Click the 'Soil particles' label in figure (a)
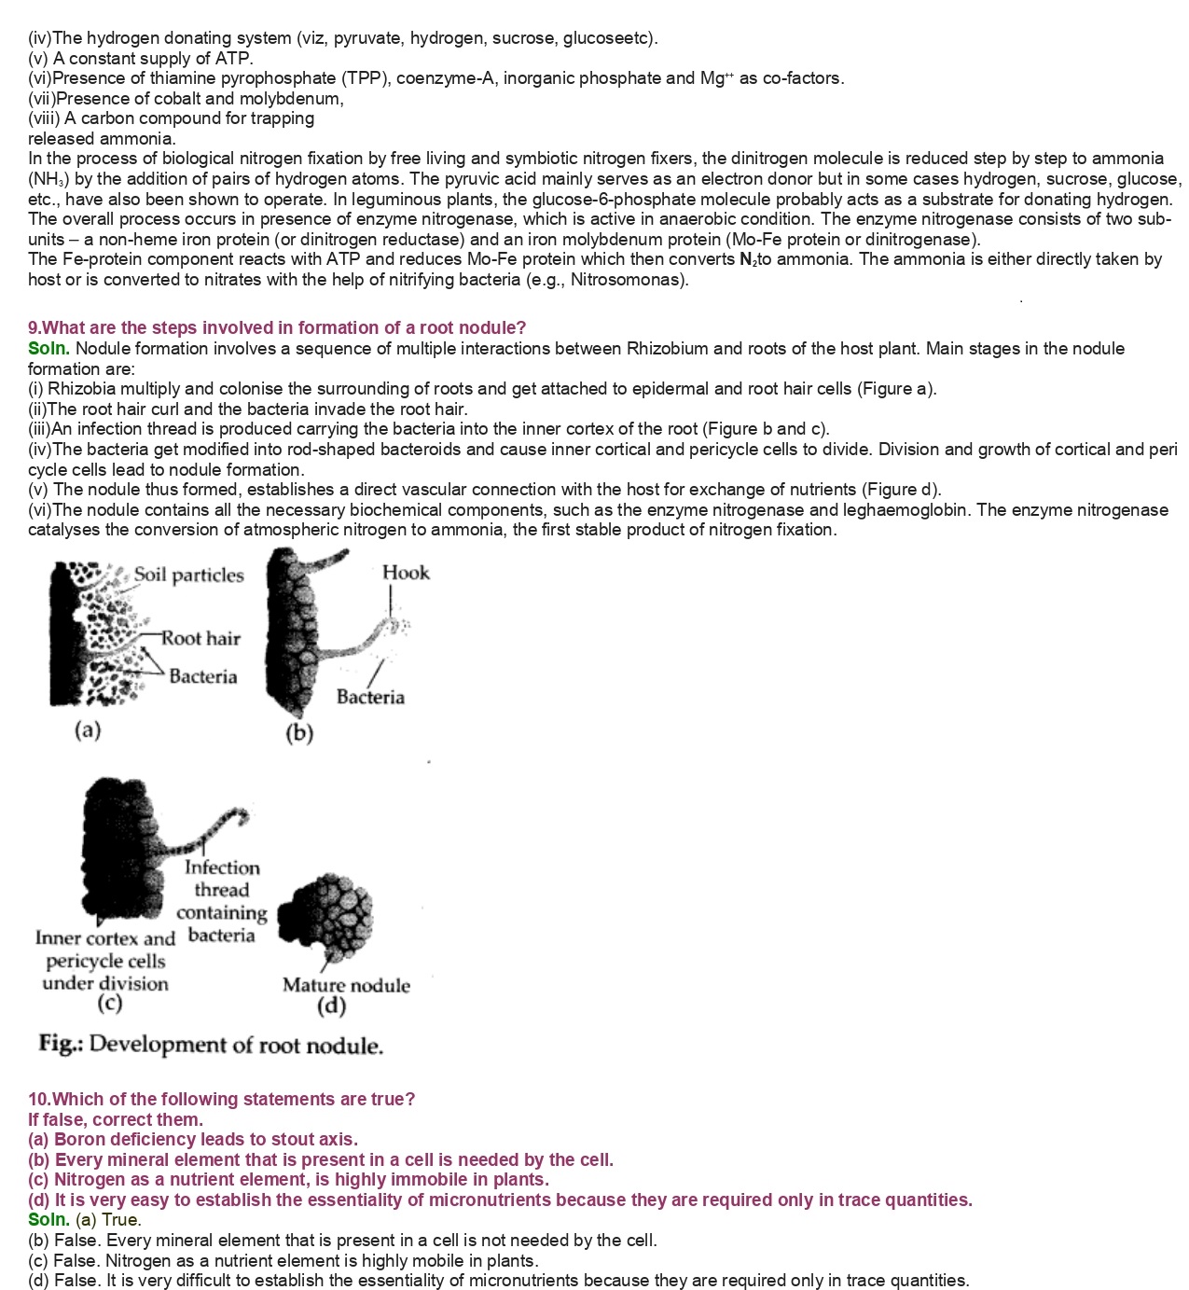(188, 576)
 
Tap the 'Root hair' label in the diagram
(200, 639)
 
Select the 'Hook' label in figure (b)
(406, 573)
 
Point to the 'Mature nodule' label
(346, 985)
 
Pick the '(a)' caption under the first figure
(88, 729)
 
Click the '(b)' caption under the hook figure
(299, 733)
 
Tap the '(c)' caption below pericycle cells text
(110, 1004)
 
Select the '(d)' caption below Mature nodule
(331, 1006)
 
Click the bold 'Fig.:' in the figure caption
(61, 1044)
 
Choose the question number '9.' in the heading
(35, 328)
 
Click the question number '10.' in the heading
(39, 1100)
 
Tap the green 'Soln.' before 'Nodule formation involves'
(48, 349)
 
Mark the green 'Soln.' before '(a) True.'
(48, 1220)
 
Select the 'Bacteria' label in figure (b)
(370, 697)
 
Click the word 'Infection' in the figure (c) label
(222, 867)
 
